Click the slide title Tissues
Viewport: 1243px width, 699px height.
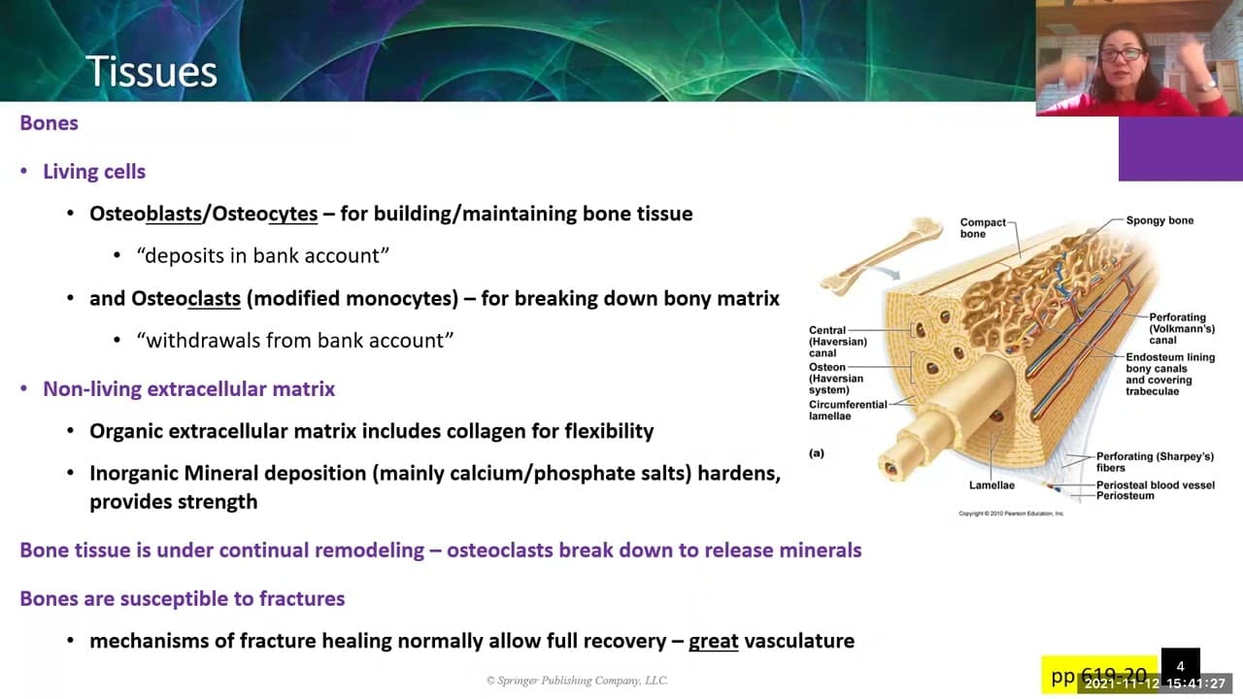pos(151,72)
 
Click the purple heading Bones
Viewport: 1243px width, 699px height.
pos(49,123)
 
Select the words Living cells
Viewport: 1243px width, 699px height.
pos(94,172)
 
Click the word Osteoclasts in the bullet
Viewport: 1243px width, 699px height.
pos(185,299)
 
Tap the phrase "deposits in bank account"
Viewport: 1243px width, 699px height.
pos(263,255)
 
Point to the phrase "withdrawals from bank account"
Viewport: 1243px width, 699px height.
pos(295,340)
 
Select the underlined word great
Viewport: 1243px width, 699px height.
pos(713,641)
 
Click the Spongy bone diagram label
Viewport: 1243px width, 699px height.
pos(1159,220)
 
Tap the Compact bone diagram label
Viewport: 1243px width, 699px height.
pos(983,228)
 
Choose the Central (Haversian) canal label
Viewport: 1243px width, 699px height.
pos(837,342)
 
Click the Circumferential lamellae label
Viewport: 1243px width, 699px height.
pos(848,410)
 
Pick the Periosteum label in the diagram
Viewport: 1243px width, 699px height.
pos(1125,496)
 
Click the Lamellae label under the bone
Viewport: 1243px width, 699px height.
pos(991,485)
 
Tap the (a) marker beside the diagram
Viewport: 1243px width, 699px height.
pos(817,452)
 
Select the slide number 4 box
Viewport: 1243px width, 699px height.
pos(1180,666)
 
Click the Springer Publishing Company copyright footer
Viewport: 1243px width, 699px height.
pos(577,681)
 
